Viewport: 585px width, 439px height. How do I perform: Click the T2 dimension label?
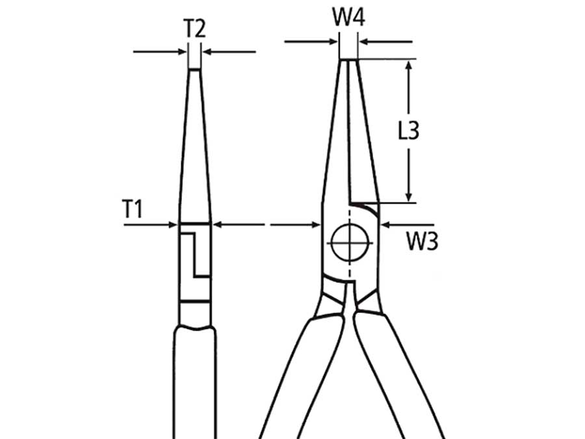[x=194, y=29]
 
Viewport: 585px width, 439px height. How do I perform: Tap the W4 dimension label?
[x=349, y=18]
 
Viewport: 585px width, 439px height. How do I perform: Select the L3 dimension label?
[x=408, y=131]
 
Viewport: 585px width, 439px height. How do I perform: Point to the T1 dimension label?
[x=133, y=209]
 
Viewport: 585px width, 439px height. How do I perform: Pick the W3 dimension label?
[x=422, y=242]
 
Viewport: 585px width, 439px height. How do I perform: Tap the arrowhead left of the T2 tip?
[x=183, y=51]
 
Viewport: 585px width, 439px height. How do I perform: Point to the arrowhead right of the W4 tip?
[x=364, y=43]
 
